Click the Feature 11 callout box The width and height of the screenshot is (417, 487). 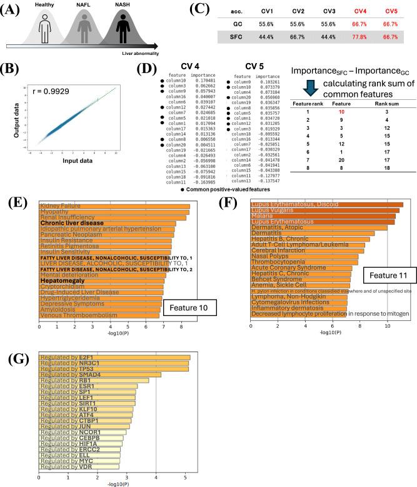click(386, 275)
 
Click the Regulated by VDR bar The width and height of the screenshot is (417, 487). click(79, 466)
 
